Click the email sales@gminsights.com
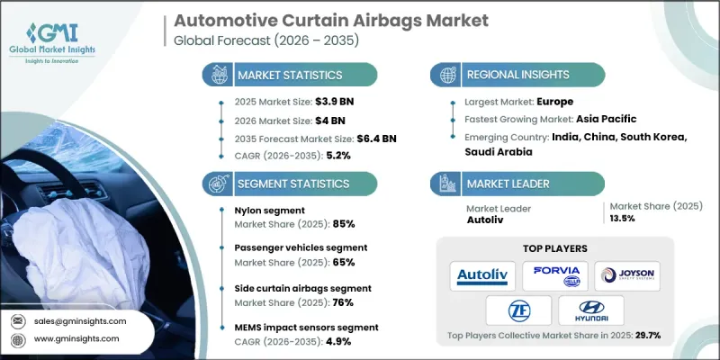(x=79, y=320)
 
